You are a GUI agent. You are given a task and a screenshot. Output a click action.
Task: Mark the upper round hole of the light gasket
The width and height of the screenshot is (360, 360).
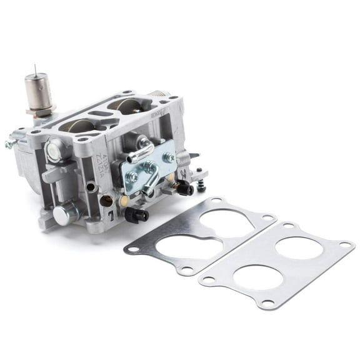[299, 247]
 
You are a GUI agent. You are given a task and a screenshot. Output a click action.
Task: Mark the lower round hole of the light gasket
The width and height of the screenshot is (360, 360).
[258, 277]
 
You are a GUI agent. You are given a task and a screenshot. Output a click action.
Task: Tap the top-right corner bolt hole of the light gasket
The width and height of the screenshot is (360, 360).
[344, 244]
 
